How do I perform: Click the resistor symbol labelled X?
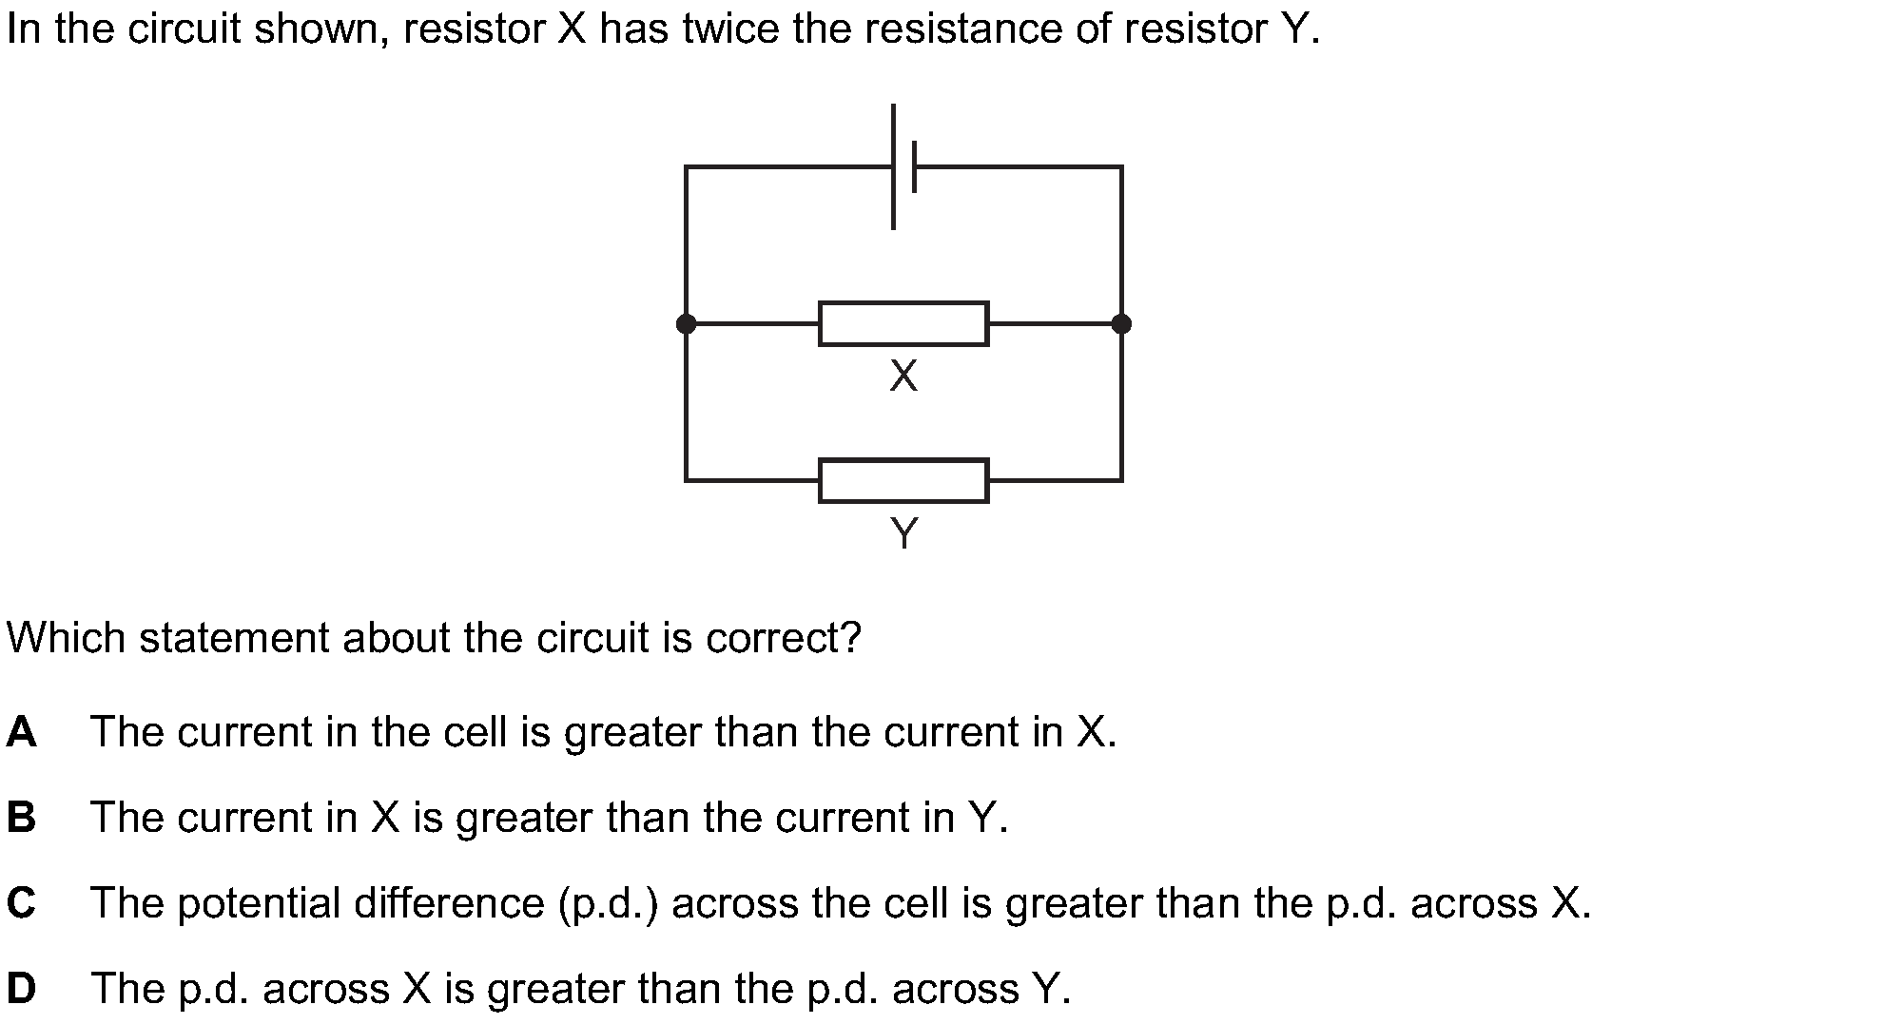(903, 323)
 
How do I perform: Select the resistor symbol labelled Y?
(903, 480)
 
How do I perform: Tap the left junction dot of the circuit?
(686, 324)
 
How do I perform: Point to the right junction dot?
(1121, 324)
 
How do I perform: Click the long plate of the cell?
(893, 166)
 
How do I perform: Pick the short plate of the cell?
(914, 166)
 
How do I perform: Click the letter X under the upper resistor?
(903, 377)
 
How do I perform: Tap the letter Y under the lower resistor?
(904, 534)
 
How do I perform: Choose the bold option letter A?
(21, 732)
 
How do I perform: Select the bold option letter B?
(21, 818)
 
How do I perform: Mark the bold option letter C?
(21, 903)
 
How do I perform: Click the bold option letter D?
(21, 989)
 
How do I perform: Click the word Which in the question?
(66, 638)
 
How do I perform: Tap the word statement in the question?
(234, 638)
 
